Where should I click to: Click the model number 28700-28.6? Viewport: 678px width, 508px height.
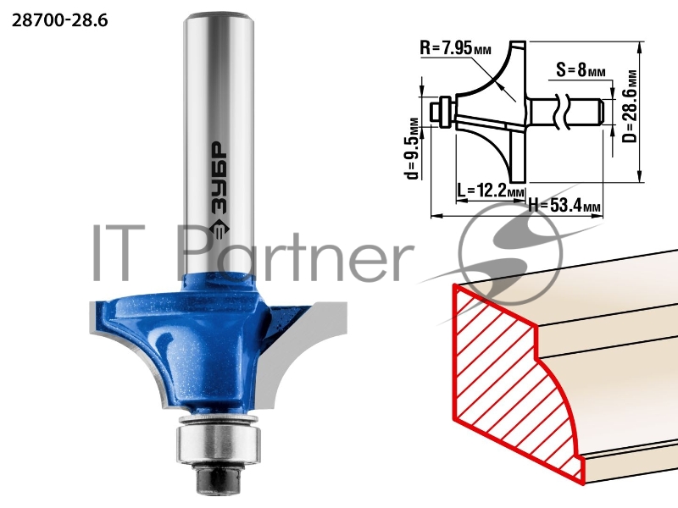click(59, 19)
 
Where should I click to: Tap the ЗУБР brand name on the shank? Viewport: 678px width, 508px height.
click(219, 178)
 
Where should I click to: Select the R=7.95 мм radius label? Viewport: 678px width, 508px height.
click(456, 47)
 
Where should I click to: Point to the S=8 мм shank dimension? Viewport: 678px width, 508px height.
click(581, 69)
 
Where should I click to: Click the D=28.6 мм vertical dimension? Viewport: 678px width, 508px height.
click(631, 107)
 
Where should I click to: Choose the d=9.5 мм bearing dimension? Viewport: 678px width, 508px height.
click(414, 148)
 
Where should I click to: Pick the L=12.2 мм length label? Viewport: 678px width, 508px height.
click(491, 190)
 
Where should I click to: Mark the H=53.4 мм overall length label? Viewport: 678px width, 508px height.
click(564, 206)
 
